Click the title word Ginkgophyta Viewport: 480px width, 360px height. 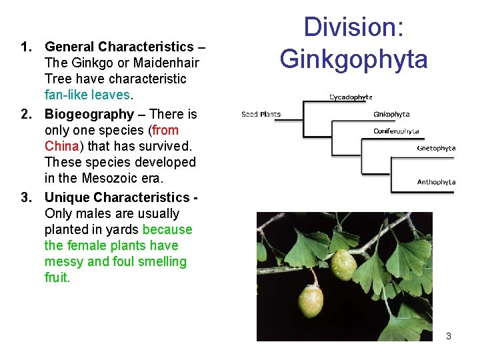pyautogui.click(x=353, y=59)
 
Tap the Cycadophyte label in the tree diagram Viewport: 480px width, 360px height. pyautogui.click(x=351, y=97)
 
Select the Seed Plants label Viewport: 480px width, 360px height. pyautogui.click(x=261, y=114)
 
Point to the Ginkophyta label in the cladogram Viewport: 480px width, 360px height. pyautogui.click(x=391, y=114)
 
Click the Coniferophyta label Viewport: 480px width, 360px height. pyautogui.click(x=396, y=131)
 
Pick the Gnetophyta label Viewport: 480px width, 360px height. pyautogui.click(x=436, y=148)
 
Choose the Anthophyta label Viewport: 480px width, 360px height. pyautogui.click(x=436, y=182)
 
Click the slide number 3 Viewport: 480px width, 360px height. pyautogui.click(x=449, y=336)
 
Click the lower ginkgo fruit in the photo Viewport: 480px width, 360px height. pyautogui.click(x=311, y=301)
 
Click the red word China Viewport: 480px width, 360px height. pyautogui.click(x=60, y=146)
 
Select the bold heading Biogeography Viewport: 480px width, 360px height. pyautogui.click(x=89, y=114)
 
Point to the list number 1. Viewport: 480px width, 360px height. pyautogui.click(x=27, y=47)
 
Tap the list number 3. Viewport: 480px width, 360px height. pyautogui.click(x=27, y=197)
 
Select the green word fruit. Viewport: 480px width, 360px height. pyautogui.click(x=57, y=277)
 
